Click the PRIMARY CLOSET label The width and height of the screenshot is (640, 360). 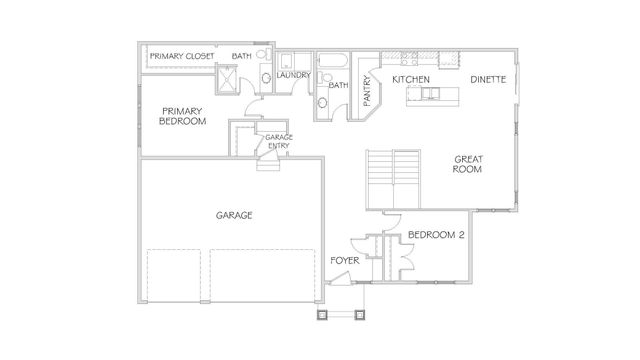[181, 56]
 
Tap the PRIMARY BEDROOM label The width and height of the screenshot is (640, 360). [182, 116]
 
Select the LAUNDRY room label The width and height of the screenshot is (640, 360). [294, 75]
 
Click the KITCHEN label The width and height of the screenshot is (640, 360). [411, 78]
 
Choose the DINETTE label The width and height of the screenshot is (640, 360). [489, 78]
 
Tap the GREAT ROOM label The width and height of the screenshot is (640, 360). [469, 164]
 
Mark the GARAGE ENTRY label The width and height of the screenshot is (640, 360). [278, 141]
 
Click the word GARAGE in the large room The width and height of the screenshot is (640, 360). [233, 215]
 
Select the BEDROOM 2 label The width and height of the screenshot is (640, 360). [436, 235]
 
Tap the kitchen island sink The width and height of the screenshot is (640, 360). [429, 95]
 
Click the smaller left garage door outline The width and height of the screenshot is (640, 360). [176, 276]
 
